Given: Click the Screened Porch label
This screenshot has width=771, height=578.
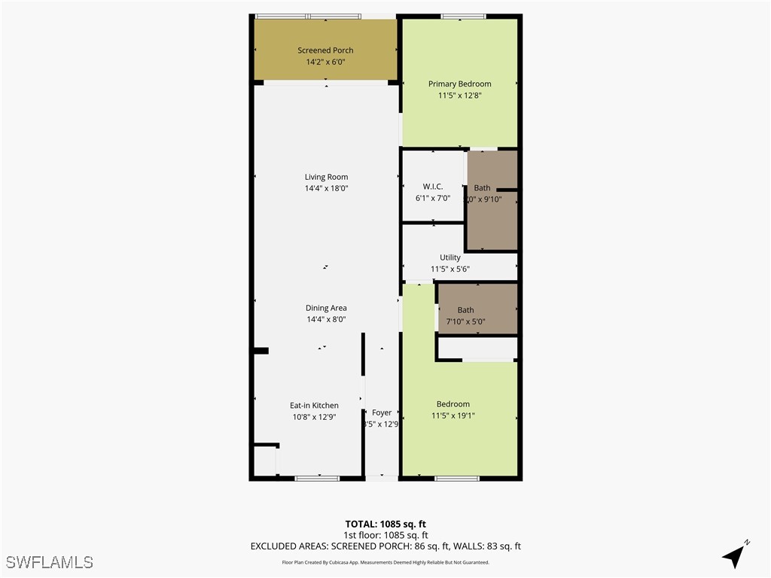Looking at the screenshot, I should click(325, 50).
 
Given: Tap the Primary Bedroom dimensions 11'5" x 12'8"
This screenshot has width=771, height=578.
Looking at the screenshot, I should click(459, 96).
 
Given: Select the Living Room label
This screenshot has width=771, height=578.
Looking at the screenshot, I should click(326, 177).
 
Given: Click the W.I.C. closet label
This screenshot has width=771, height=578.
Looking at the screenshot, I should click(432, 187).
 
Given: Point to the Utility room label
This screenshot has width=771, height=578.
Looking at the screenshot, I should click(450, 257).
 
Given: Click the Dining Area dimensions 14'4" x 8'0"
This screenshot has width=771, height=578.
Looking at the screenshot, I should click(326, 319).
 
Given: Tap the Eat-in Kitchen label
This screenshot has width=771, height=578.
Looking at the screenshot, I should click(314, 406).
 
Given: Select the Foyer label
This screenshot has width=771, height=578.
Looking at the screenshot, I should click(382, 412).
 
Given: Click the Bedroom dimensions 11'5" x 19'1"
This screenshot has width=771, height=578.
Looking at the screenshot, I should click(453, 415).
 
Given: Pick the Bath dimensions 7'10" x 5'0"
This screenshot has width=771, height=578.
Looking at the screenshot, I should click(465, 321).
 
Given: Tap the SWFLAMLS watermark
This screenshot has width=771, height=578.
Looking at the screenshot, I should click(50, 562).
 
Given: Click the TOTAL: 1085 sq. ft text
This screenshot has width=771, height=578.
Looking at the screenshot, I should click(385, 524).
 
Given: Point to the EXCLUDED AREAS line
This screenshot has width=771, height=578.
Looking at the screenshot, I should click(385, 546).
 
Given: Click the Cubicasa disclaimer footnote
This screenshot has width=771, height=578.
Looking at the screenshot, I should click(385, 562).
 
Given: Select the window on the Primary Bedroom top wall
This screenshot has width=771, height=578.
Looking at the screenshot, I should click(463, 16).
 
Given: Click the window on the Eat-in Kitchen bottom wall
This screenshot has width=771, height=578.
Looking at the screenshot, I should click(317, 478).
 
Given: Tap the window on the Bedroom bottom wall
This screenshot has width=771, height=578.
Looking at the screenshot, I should click(457, 478).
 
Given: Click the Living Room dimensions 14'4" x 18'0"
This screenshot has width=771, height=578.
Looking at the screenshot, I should click(326, 188).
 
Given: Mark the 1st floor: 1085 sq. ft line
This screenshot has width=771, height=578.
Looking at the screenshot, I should click(385, 535).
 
